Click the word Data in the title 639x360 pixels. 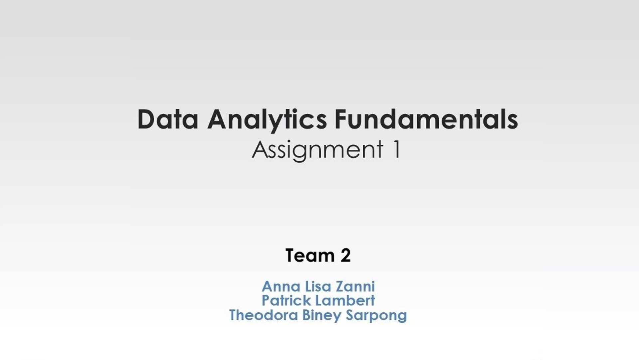168,119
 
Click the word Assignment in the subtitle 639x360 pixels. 318,150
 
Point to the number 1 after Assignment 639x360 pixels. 396,149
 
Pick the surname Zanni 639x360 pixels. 355,286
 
